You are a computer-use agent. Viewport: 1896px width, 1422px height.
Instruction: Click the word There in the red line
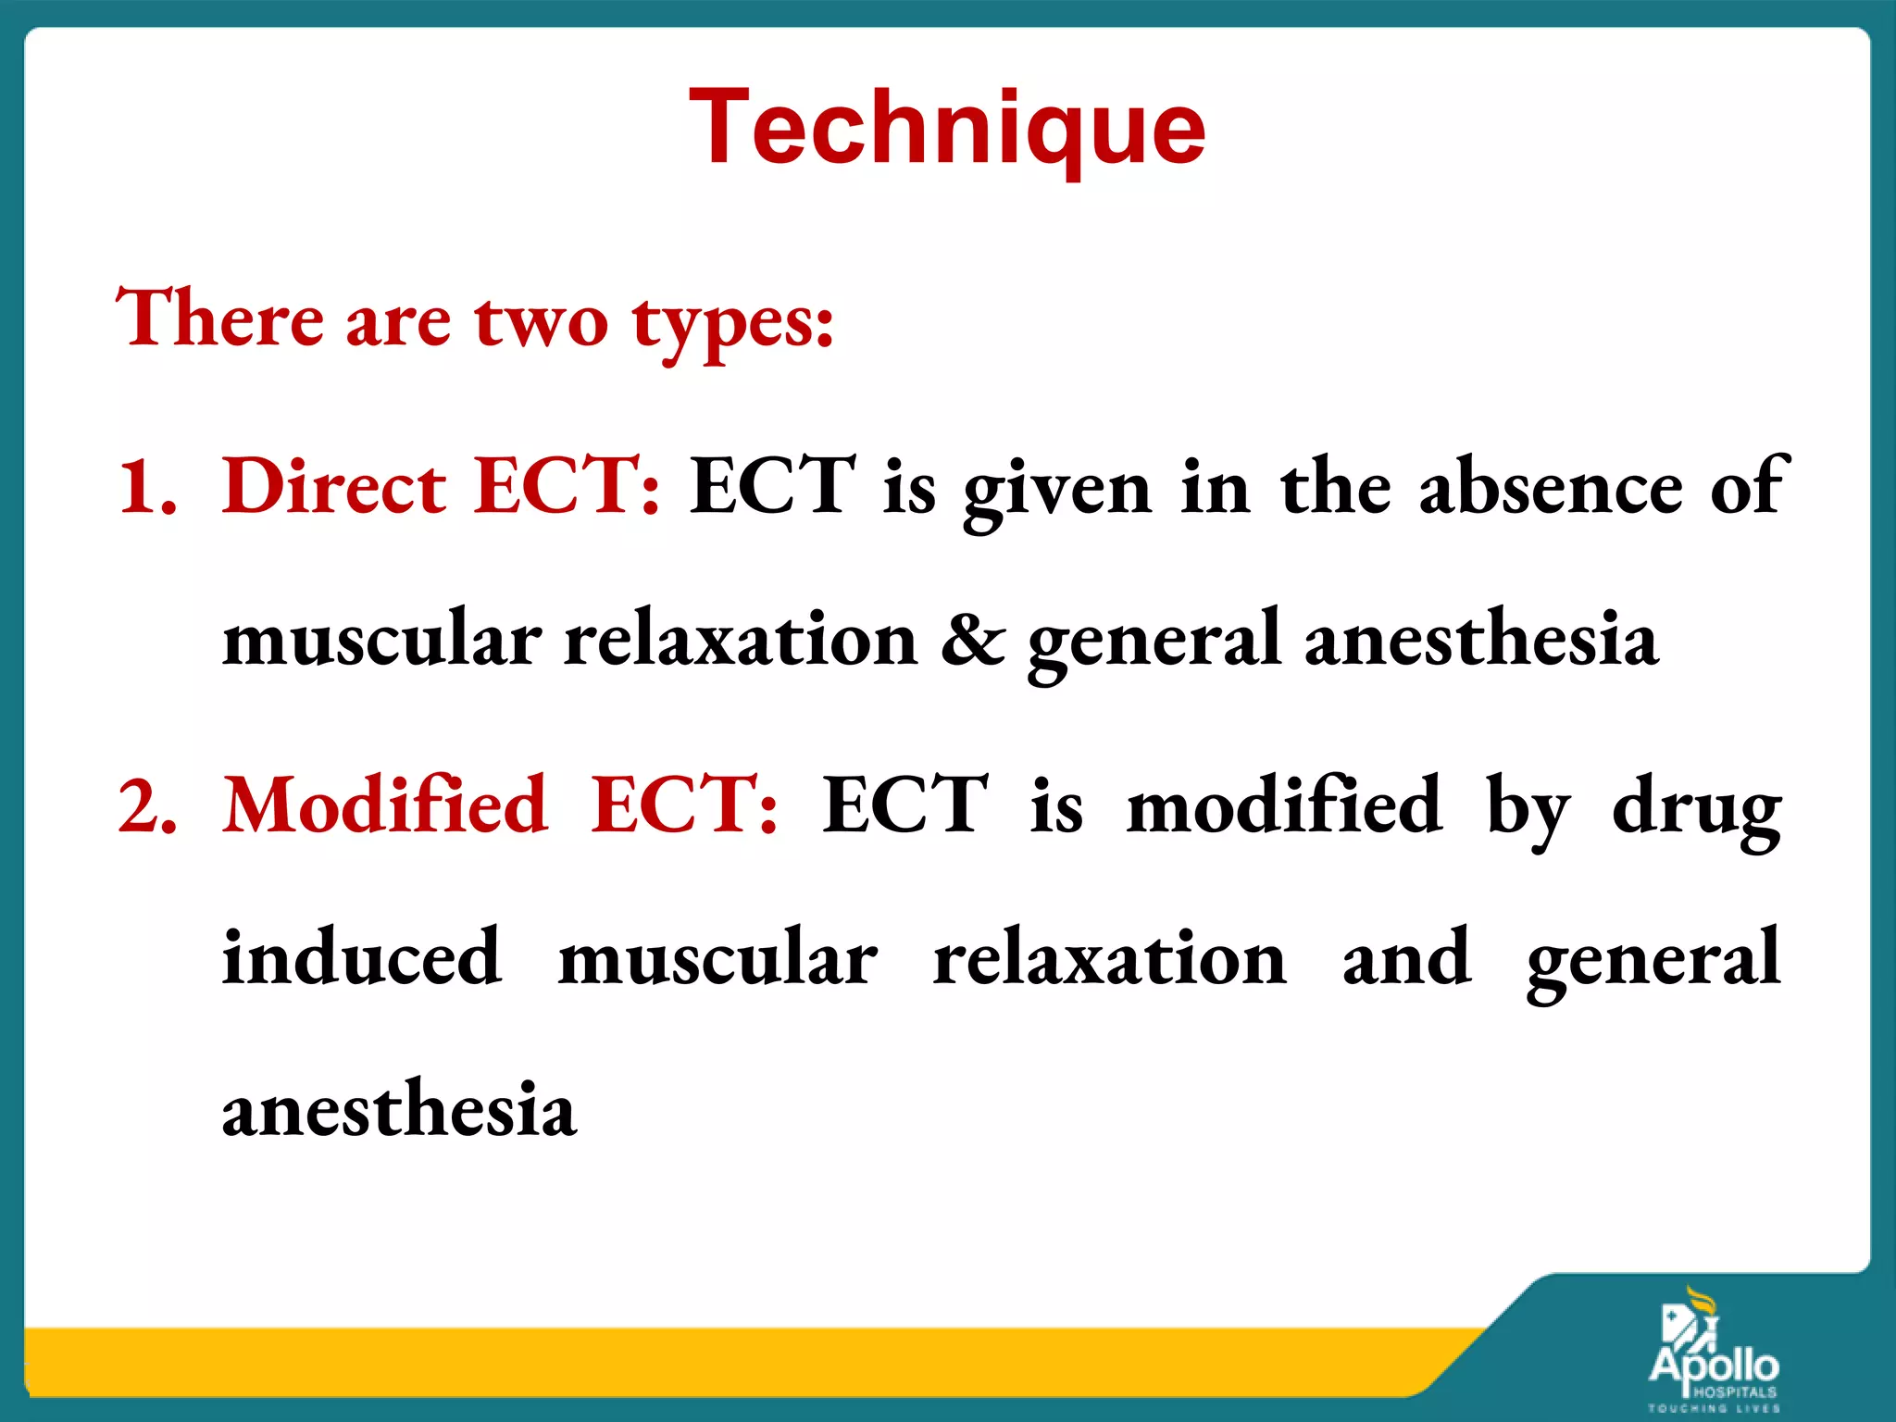tap(219, 318)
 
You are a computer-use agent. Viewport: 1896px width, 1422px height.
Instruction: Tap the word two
tap(542, 320)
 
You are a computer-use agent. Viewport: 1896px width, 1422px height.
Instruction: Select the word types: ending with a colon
tap(733, 324)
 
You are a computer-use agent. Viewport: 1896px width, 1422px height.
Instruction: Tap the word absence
tap(1551, 487)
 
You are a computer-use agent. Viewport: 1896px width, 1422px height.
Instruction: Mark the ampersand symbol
tap(973, 638)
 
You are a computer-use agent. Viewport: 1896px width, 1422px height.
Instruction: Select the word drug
tap(1696, 807)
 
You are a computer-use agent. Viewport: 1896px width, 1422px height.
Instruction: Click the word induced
tap(362, 957)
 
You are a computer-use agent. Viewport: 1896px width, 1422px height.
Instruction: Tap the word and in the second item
tap(1406, 957)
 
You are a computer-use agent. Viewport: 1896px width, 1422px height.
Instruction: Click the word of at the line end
tap(1749, 485)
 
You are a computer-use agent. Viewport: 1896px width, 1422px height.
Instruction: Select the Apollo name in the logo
tap(1714, 1365)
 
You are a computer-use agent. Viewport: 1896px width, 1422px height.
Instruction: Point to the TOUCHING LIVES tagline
tap(1714, 1408)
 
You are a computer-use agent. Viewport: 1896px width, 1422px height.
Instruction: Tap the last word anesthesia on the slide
tap(399, 1109)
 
